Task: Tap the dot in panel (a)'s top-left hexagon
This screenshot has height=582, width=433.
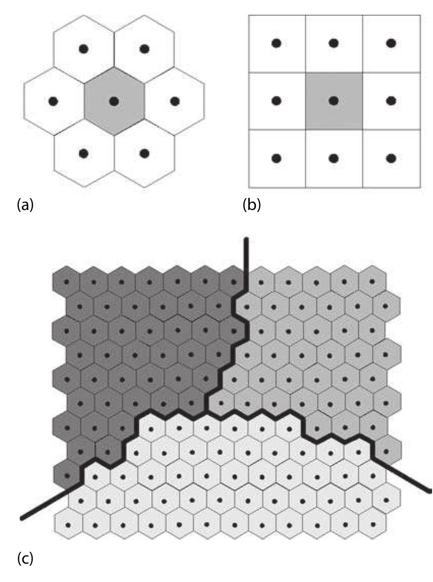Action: point(84,49)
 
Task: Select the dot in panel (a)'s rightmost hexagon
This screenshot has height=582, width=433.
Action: point(175,101)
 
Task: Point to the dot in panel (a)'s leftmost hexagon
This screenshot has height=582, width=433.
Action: point(53,101)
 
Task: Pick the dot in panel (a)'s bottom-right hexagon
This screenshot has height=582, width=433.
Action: point(145,153)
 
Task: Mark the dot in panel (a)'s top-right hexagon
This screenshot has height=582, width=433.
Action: point(145,49)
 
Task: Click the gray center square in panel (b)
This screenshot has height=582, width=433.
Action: point(334,101)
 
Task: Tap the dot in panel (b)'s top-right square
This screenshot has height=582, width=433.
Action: point(391,44)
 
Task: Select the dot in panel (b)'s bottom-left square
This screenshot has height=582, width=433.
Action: point(276,158)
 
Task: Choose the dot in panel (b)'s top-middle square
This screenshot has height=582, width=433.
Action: point(334,44)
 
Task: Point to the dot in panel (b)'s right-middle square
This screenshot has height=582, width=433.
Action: point(391,101)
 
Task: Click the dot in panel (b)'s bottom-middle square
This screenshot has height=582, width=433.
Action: point(334,158)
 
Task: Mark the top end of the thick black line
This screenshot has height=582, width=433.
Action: point(246,239)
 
